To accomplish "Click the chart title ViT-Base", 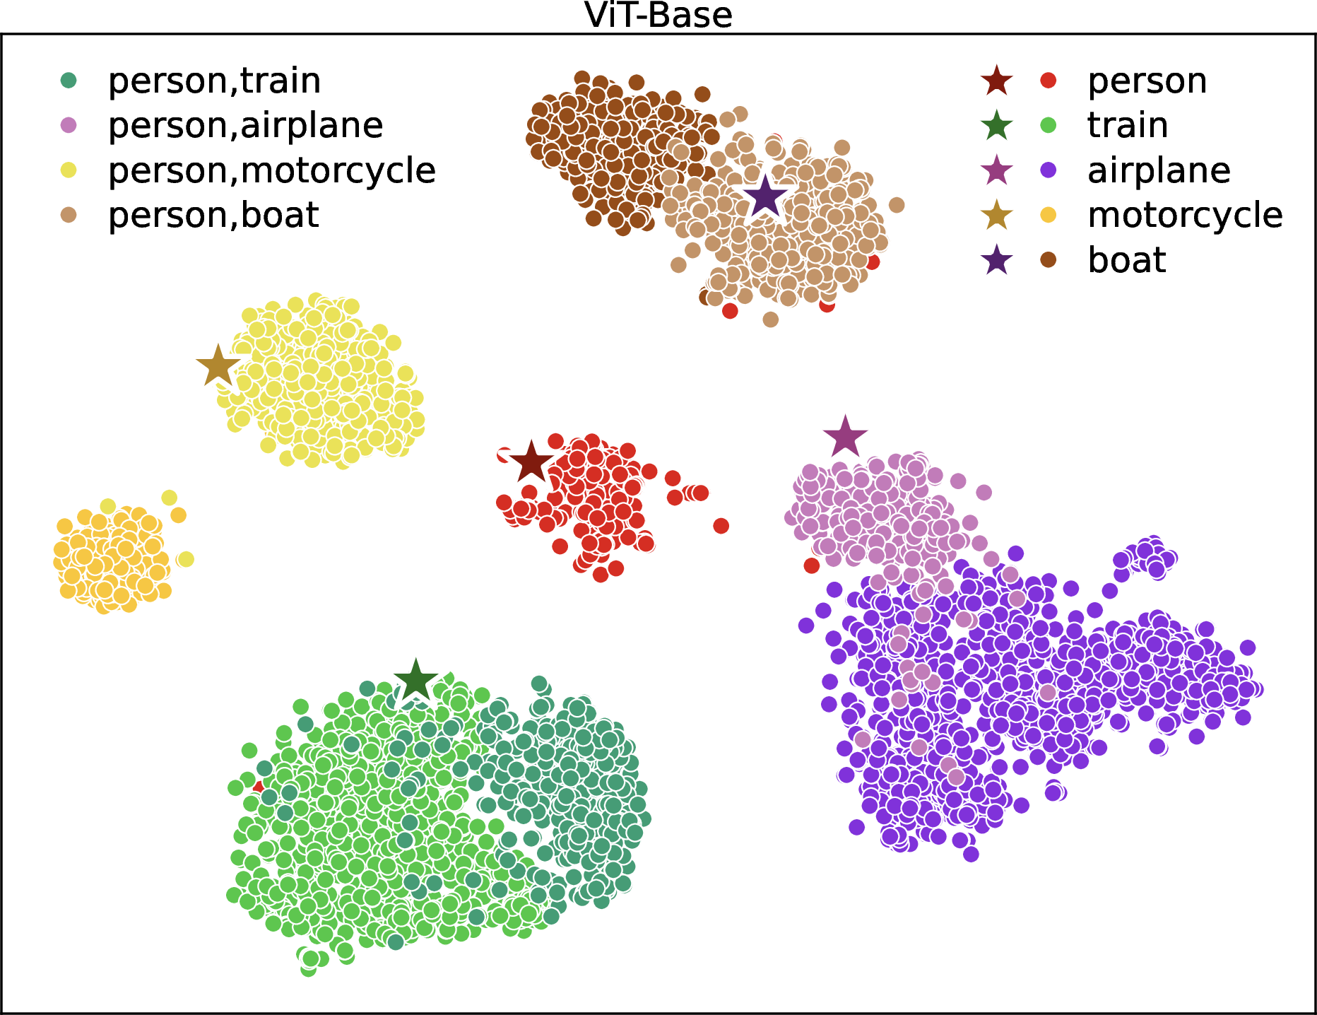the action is click(658, 16).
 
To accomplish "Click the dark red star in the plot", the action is click(531, 463).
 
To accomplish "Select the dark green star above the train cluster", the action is click(416, 681).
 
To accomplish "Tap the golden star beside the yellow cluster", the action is click(218, 366).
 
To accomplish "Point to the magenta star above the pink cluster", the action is click(845, 437).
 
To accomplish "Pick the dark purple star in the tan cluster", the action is click(765, 197).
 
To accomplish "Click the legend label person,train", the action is click(214, 81).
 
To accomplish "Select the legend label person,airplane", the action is click(245, 125).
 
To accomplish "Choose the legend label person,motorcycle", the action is click(272, 170).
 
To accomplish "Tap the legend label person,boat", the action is click(213, 215).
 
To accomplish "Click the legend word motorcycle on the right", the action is click(1186, 215).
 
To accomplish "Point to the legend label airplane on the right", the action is click(1159, 170).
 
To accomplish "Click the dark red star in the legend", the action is click(997, 81).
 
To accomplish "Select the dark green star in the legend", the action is click(997, 125).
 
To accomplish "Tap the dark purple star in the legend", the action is click(997, 260).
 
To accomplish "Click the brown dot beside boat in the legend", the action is click(1049, 260).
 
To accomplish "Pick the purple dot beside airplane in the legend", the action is click(1049, 170).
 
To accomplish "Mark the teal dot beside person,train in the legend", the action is click(69, 81).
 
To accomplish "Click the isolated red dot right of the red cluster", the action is click(721, 525).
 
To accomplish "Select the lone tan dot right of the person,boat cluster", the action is click(897, 205).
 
